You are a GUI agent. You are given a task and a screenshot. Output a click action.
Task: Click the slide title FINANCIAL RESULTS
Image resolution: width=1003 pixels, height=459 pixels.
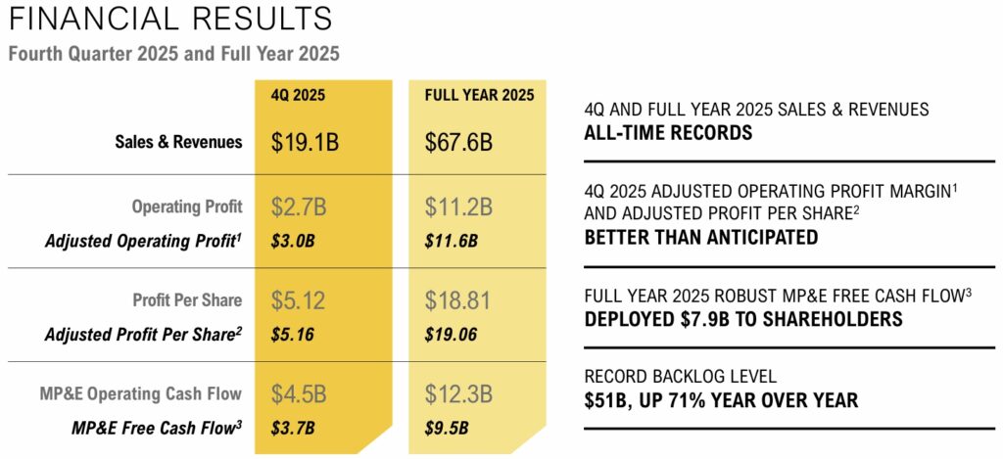coord(169,18)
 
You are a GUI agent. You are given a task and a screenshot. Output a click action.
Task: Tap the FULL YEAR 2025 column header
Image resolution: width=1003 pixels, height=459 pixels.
coord(479,96)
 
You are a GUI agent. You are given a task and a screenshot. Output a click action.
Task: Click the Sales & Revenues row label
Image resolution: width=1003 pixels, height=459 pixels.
coord(178,142)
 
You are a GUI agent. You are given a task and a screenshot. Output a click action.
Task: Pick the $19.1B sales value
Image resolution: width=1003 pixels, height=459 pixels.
coord(305,142)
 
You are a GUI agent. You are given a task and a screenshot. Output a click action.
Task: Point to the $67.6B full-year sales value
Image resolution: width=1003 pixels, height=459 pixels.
coord(458,142)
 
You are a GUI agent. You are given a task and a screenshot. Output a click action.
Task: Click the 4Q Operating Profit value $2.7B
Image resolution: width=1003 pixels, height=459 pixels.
coord(298,207)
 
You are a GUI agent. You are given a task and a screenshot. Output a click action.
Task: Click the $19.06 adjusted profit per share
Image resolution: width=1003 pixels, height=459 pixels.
coord(451,334)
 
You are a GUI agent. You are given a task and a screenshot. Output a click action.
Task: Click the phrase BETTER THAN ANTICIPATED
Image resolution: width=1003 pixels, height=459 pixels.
coord(700,237)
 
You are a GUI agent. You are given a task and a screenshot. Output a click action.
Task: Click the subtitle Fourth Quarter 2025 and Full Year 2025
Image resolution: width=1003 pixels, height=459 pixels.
coord(173,54)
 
